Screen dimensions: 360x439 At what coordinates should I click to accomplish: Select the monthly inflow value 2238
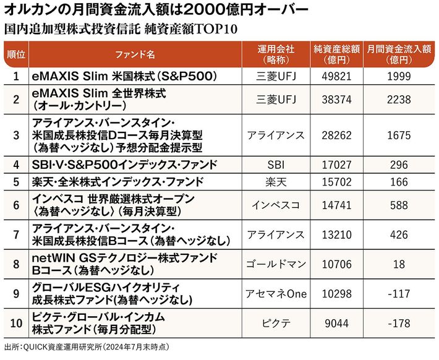(399, 99)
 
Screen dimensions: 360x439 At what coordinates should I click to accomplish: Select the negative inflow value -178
(399, 323)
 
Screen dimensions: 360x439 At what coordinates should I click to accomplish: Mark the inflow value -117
(399, 293)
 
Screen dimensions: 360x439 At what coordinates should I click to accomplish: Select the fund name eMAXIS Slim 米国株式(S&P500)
(124, 76)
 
